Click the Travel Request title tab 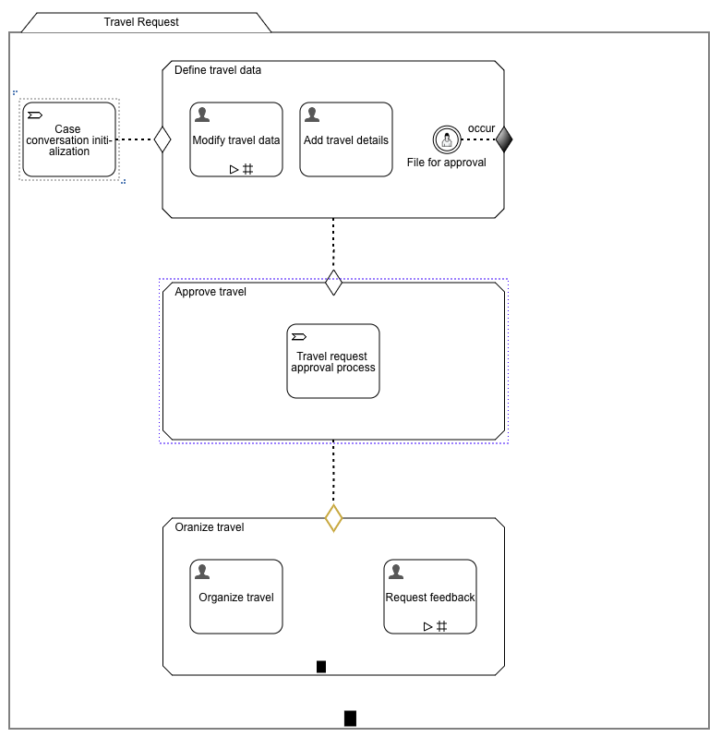point(141,22)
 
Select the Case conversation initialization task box point(69,139)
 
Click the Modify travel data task point(236,139)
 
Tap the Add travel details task point(346,139)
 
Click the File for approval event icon point(446,139)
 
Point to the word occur point(481,128)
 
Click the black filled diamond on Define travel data point(504,139)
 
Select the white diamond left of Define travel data point(163,139)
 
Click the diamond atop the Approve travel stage point(333,283)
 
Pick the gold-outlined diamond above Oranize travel point(333,518)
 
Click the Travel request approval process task point(333,361)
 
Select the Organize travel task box point(236,597)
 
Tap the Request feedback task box point(430,597)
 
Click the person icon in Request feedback point(396,572)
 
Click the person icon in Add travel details point(312,115)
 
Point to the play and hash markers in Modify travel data point(241,169)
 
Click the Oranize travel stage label point(210,527)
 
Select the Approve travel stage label point(210,292)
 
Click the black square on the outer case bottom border point(350,718)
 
